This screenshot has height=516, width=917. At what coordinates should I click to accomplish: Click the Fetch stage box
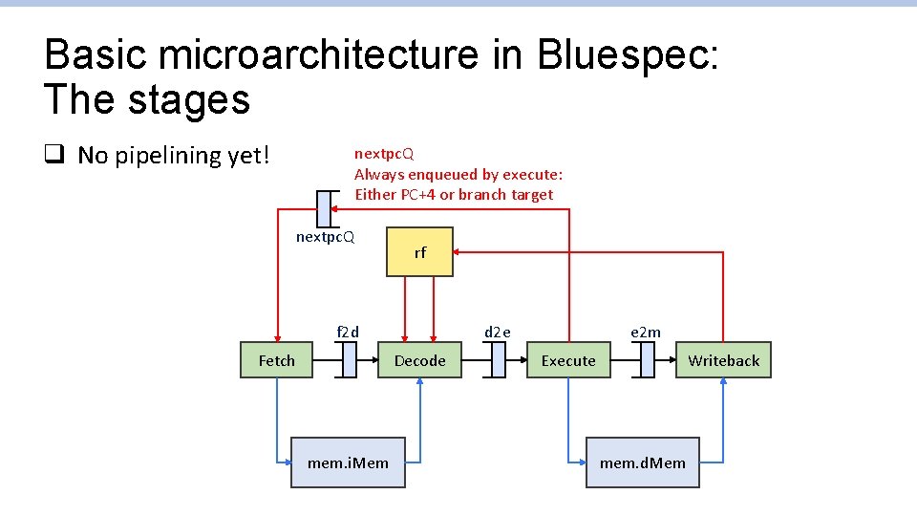point(276,360)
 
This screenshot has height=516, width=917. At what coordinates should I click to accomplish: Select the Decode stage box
point(419,360)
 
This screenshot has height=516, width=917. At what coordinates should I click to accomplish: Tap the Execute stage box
point(567,360)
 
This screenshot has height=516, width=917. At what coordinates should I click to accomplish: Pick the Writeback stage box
point(723,360)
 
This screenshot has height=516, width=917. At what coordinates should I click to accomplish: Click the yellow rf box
point(419,252)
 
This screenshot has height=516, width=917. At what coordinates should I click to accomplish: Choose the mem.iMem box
point(348,462)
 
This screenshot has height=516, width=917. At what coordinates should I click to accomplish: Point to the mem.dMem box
point(642,462)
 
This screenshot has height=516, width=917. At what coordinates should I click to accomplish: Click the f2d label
point(348,333)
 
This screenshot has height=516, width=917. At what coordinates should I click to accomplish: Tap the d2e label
point(497,333)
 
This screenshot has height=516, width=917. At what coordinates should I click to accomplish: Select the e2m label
point(646,333)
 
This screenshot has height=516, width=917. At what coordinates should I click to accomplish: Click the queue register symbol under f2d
point(348,360)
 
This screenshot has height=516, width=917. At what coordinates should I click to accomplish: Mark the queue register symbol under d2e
point(497,360)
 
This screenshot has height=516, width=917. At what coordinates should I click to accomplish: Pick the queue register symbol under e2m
point(646,360)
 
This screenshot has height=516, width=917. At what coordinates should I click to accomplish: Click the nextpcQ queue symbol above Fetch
point(325,209)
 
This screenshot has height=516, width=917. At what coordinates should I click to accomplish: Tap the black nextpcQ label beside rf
point(325,237)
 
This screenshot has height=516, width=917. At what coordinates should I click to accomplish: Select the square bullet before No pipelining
point(53,155)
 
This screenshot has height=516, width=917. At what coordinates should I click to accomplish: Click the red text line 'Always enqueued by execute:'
point(458,174)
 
